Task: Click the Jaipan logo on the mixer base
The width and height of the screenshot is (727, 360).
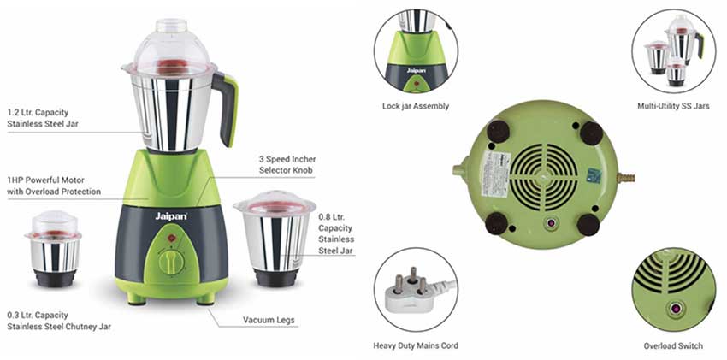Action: (171, 219)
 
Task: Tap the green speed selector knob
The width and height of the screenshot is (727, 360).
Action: (172, 262)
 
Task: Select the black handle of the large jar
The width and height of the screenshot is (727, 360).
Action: (225, 107)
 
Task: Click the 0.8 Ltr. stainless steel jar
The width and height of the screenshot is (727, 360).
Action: (275, 235)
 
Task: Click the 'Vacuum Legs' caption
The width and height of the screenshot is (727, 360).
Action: (269, 320)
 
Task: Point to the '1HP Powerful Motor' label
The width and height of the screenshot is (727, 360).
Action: (54, 186)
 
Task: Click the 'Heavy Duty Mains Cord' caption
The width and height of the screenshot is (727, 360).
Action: (415, 345)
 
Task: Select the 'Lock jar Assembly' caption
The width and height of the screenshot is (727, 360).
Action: (416, 106)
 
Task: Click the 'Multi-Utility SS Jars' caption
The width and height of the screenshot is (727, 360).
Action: (673, 106)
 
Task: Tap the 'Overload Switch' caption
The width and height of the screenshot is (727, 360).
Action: (673, 345)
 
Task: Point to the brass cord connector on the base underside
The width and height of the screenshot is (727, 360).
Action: (628, 178)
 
